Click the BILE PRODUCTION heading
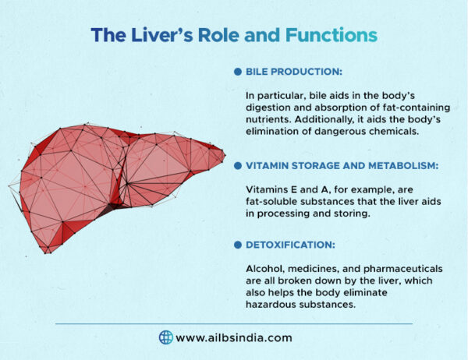point(293,72)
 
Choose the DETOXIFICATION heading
point(290,245)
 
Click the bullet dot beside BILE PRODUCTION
point(238,72)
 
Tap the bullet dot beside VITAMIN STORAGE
point(238,165)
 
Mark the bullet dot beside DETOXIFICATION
point(238,245)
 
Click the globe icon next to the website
point(165,337)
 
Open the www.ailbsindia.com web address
point(234,337)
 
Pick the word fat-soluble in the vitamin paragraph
point(272,201)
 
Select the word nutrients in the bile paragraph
point(268,119)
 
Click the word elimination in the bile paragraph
point(275,131)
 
